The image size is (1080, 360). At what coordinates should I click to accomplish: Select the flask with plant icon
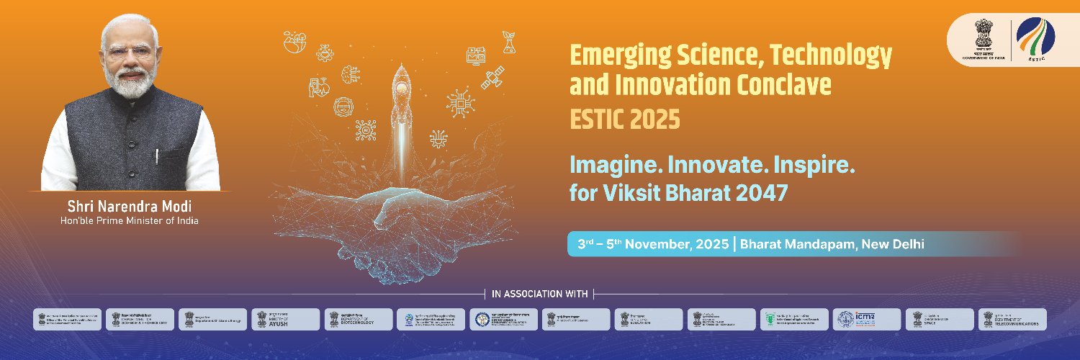[508, 44]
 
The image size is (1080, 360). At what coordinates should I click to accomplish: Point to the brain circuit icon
[351, 75]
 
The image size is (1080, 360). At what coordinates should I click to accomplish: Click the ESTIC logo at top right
[1035, 40]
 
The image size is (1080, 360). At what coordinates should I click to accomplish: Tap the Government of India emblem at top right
[984, 40]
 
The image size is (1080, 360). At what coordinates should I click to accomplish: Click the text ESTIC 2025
[624, 120]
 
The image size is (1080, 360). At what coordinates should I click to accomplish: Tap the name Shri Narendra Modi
[130, 206]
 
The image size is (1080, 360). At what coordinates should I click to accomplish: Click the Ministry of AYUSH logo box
[285, 319]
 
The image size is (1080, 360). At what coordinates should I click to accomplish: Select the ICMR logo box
[866, 319]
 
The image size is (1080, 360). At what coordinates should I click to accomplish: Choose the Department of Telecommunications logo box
[1012, 319]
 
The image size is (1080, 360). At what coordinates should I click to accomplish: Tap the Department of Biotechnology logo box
[359, 319]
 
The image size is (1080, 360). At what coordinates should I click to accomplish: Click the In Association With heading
[539, 294]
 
